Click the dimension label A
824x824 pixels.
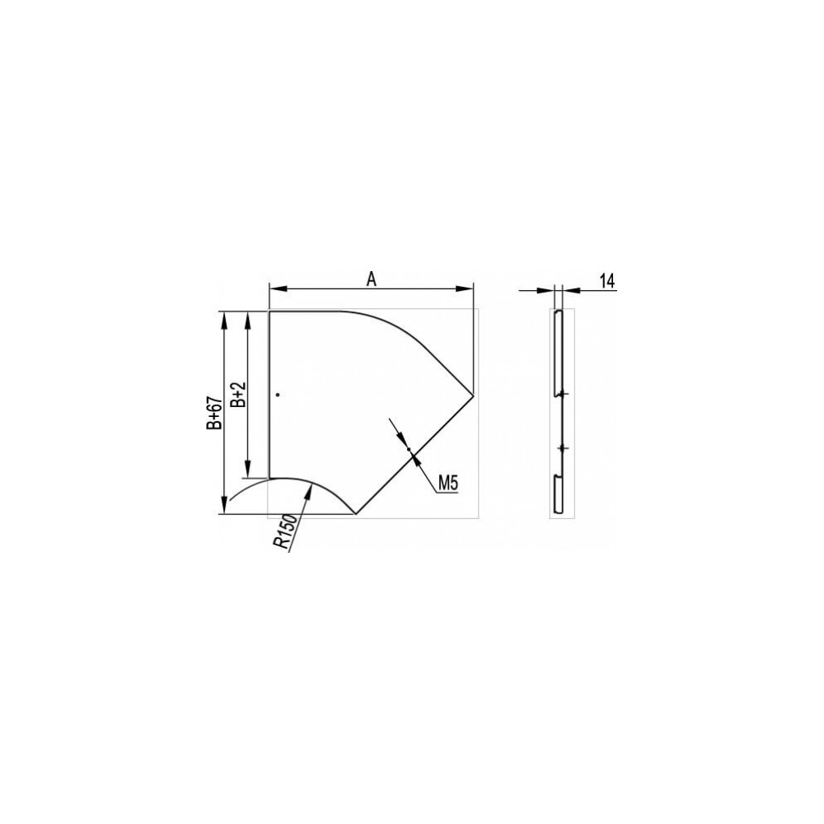[372, 280]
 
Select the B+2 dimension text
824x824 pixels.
[239, 395]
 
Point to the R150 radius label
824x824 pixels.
[286, 531]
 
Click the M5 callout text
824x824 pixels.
[448, 484]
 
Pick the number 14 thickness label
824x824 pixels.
[607, 281]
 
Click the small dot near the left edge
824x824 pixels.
[278, 394]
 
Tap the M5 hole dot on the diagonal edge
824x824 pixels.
[409, 449]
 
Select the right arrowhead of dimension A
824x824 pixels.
[465, 288]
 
